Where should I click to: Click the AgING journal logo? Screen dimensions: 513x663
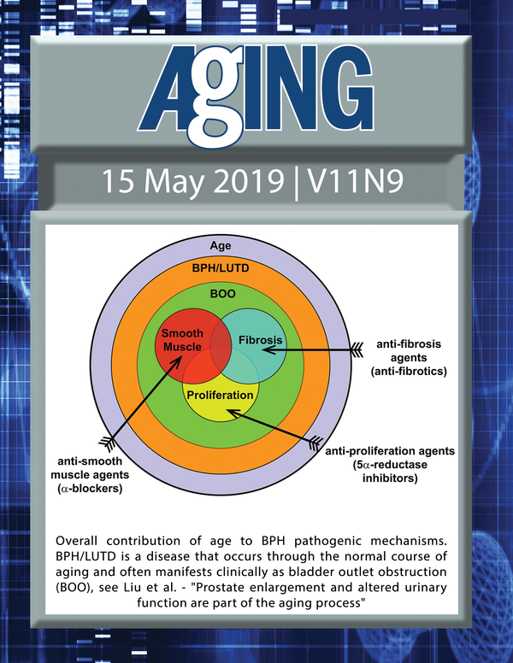[x=256, y=94]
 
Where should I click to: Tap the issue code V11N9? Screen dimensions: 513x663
[x=355, y=182]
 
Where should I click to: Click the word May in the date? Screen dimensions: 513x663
[x=174, y=184]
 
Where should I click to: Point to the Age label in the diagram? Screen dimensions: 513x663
[x=221, y=246]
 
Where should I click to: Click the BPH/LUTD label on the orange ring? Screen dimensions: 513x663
[x=221, y=268]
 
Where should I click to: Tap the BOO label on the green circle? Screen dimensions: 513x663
[x=222, y=293]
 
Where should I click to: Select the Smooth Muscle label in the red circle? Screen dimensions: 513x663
[x=182, y=340]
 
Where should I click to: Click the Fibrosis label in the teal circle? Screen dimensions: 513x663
[x=260, y=340]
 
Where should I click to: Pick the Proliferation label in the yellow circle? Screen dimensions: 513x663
[x=220, y=395]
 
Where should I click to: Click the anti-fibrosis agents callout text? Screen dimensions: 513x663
[x=409, y=358]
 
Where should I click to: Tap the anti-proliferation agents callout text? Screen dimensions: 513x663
[x=390, y=465]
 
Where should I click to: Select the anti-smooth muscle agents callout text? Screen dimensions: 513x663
[x=90, y=475]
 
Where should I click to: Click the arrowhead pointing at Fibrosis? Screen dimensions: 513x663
[x=268, y=350]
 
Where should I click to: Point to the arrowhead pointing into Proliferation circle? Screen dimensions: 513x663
[x=233, y=413]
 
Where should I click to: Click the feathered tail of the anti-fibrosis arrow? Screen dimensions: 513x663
[x=357, y=350]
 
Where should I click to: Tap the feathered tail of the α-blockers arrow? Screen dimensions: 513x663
[x=107, y=443]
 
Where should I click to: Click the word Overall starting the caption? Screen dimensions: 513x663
[x=76, y=541]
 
